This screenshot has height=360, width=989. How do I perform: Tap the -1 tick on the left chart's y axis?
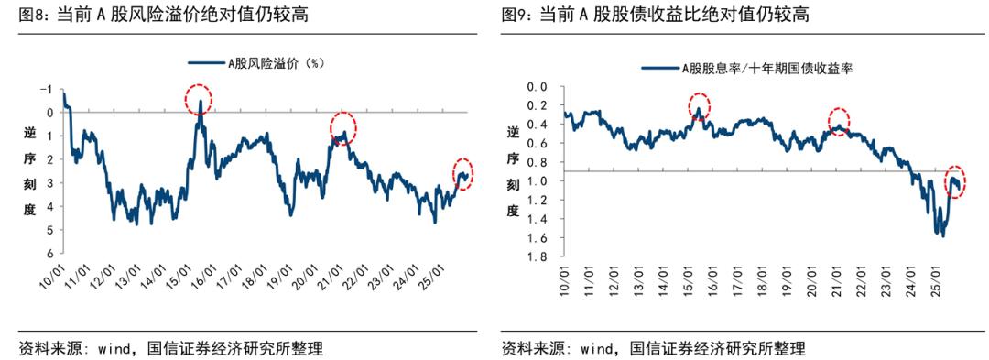pyautogui.click(x=46, y=89)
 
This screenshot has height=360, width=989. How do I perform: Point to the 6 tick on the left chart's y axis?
pyautogui.click(x=49, y=254)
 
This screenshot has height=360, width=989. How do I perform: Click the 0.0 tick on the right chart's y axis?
pyautogui.click(x=538, y=87)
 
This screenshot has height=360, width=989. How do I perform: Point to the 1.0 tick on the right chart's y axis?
pyautogui.click(x=538, y=182)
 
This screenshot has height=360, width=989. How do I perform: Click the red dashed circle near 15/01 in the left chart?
pyautogui.click(x=199, y=99)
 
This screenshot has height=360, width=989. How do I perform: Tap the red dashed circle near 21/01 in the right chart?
pyautogui.click(x=839, y=121)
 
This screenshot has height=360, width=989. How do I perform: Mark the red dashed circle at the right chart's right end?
pyautogui.click(x=955, y=181)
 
